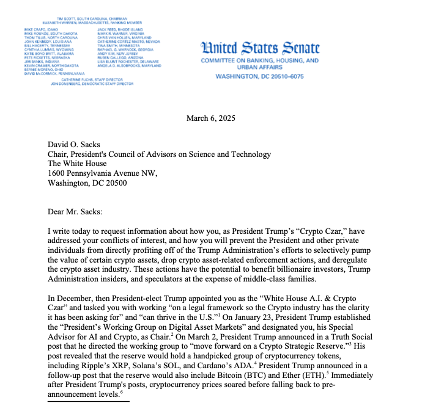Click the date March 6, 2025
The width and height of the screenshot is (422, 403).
210,118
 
